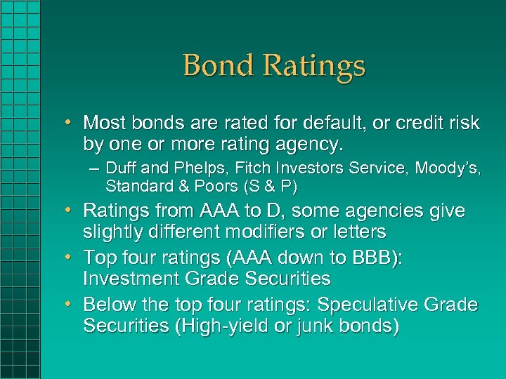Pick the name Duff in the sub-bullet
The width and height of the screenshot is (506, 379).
click(119, 168)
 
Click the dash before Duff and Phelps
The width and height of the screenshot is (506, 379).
click(93, 169)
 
